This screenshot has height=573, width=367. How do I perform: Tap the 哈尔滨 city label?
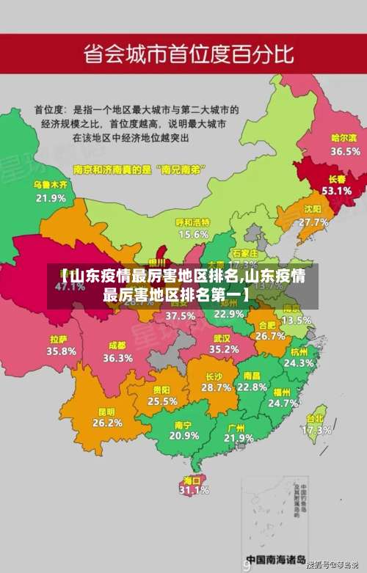pyautogui.click(x=344, y=138)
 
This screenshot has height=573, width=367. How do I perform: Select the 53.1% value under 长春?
pyautogui.click(x=337, y=191)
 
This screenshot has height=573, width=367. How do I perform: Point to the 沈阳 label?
pyautogui.click(x=313, y=209)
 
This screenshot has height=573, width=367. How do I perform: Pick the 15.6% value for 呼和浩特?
pyautogui.click(x=193, y=235)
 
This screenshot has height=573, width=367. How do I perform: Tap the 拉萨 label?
pyautogui.click(x=59, y=340)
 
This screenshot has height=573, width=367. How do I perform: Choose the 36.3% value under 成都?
pyautogui.click(x=117, y=359)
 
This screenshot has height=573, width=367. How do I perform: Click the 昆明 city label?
pyautogui.click(x=106, y=412)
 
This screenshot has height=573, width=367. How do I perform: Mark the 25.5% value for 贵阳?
pyautogui.click(x=162, y=401)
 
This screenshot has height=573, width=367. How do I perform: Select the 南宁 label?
pyautogui.click(x=183, y=425)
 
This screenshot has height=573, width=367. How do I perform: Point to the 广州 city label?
pyautogui.click(x=236, y=427)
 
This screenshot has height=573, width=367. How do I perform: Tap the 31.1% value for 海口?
pyautogui.click(x=194, y=491)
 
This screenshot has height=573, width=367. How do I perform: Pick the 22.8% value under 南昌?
pyautogui.click(x=252, y=387)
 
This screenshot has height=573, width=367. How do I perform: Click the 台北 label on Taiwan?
pyautogui.click(x=316, y=419)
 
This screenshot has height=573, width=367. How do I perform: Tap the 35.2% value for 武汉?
pyautogui.click(x=225, y=349)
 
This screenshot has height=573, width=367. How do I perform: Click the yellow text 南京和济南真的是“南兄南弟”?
pyautogui.click(x=139, y=168)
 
